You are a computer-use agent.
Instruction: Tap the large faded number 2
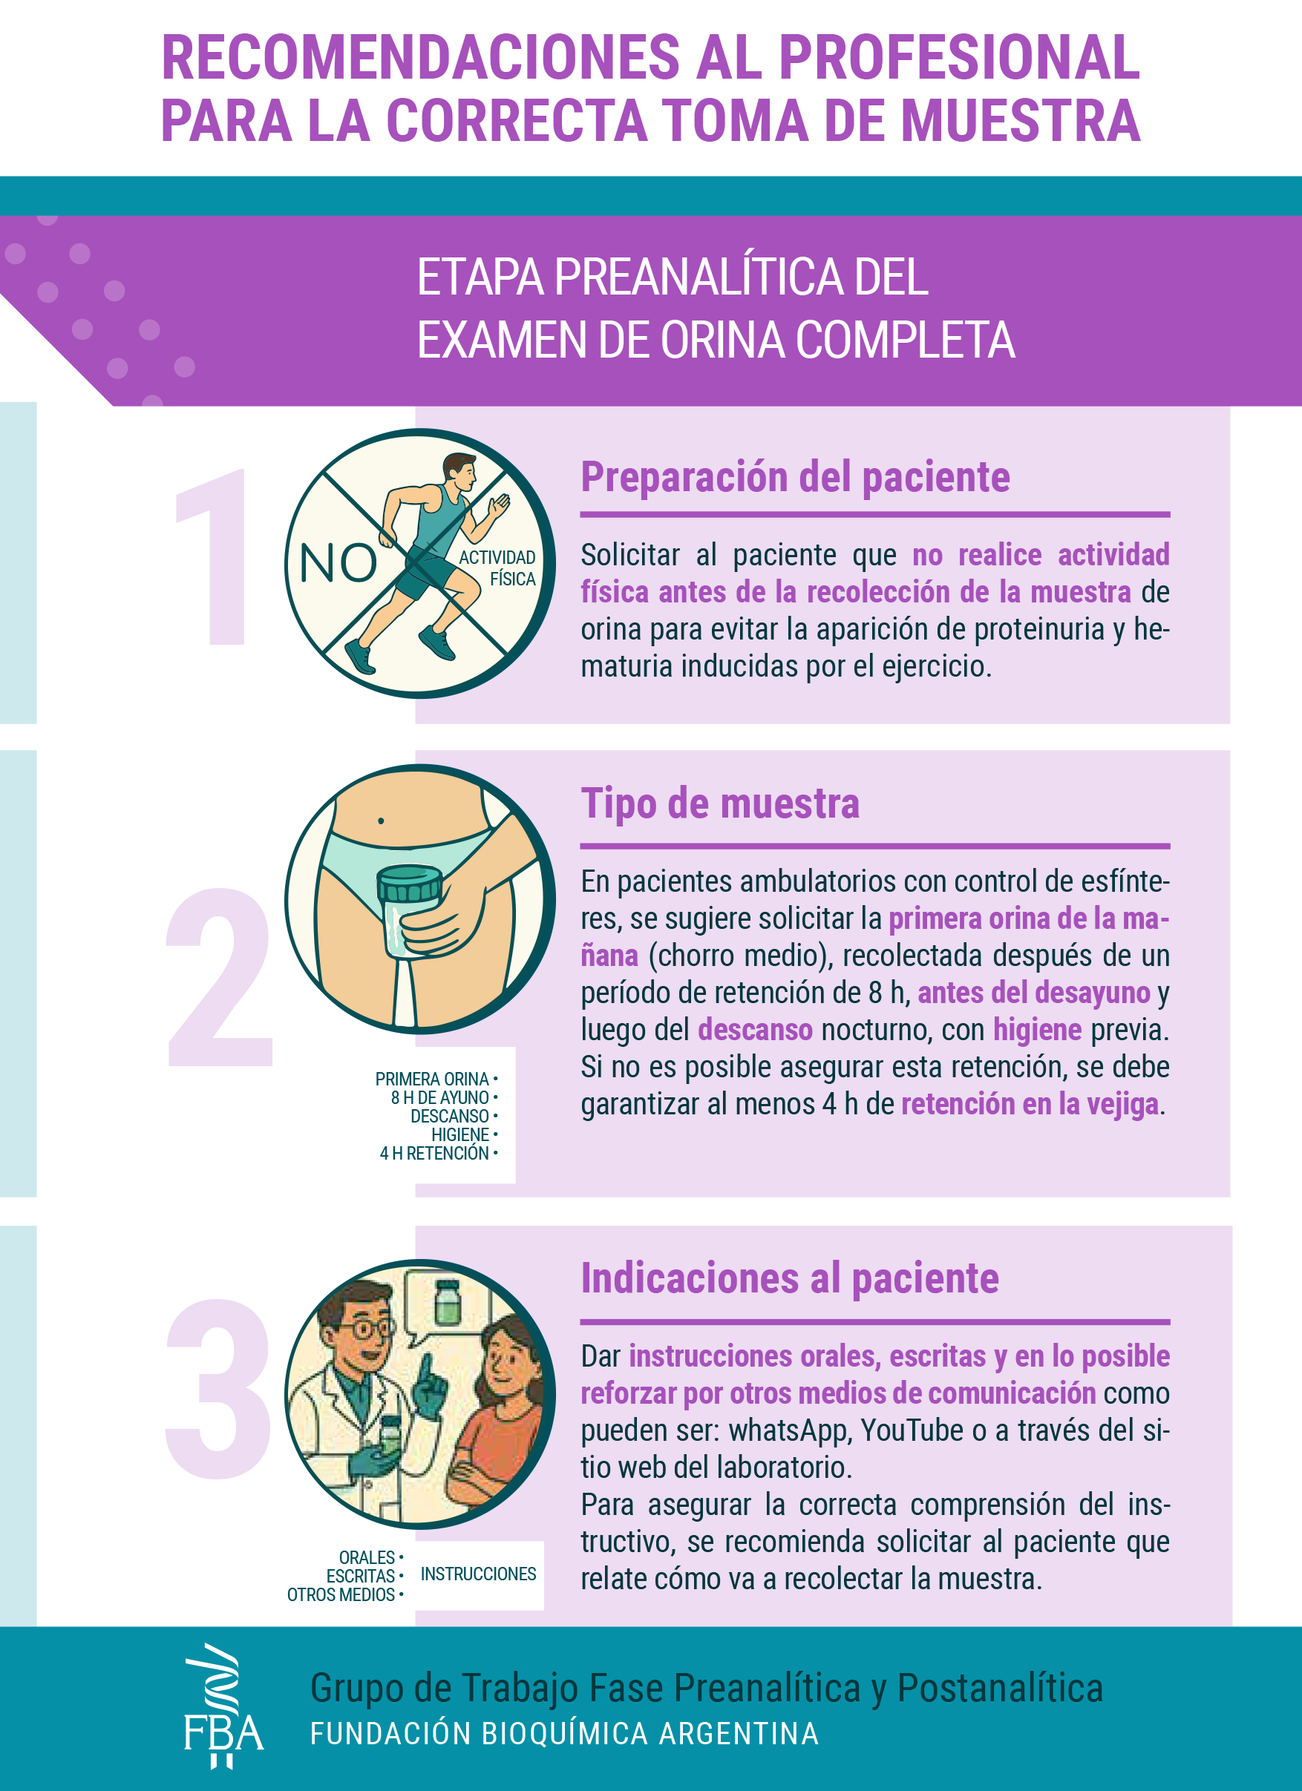coord(219,977)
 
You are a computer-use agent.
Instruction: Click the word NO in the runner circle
coord(338,563)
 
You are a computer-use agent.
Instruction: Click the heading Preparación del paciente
coord(795,477)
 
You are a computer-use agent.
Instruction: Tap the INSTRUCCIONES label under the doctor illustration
coord(478,1574)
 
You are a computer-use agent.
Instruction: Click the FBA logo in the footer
coord(223,1706)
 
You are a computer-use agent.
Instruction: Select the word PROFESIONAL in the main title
coord(959,58)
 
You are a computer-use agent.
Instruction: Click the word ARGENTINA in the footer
coord(739,1733)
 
